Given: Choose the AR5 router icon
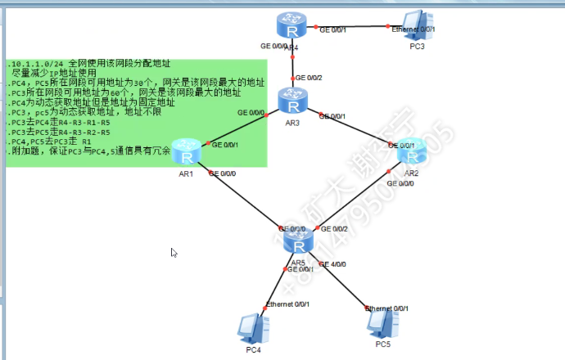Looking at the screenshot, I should (x=299, y=241).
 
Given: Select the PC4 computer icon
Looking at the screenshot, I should (x=253, y=330).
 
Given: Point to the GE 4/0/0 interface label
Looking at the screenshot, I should (x=332, y=264).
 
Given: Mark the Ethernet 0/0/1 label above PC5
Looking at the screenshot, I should (x=386, y=308).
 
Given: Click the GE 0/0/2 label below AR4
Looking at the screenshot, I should (x=308, y=78).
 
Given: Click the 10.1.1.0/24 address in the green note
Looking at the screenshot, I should (x=35, y=63).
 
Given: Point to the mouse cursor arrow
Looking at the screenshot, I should (x=174, y=253).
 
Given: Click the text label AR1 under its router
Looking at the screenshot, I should (x=185, y=174).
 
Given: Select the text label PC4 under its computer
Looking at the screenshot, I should (x=253, y=349).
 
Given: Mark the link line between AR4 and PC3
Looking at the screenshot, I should (x=352, y=26).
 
